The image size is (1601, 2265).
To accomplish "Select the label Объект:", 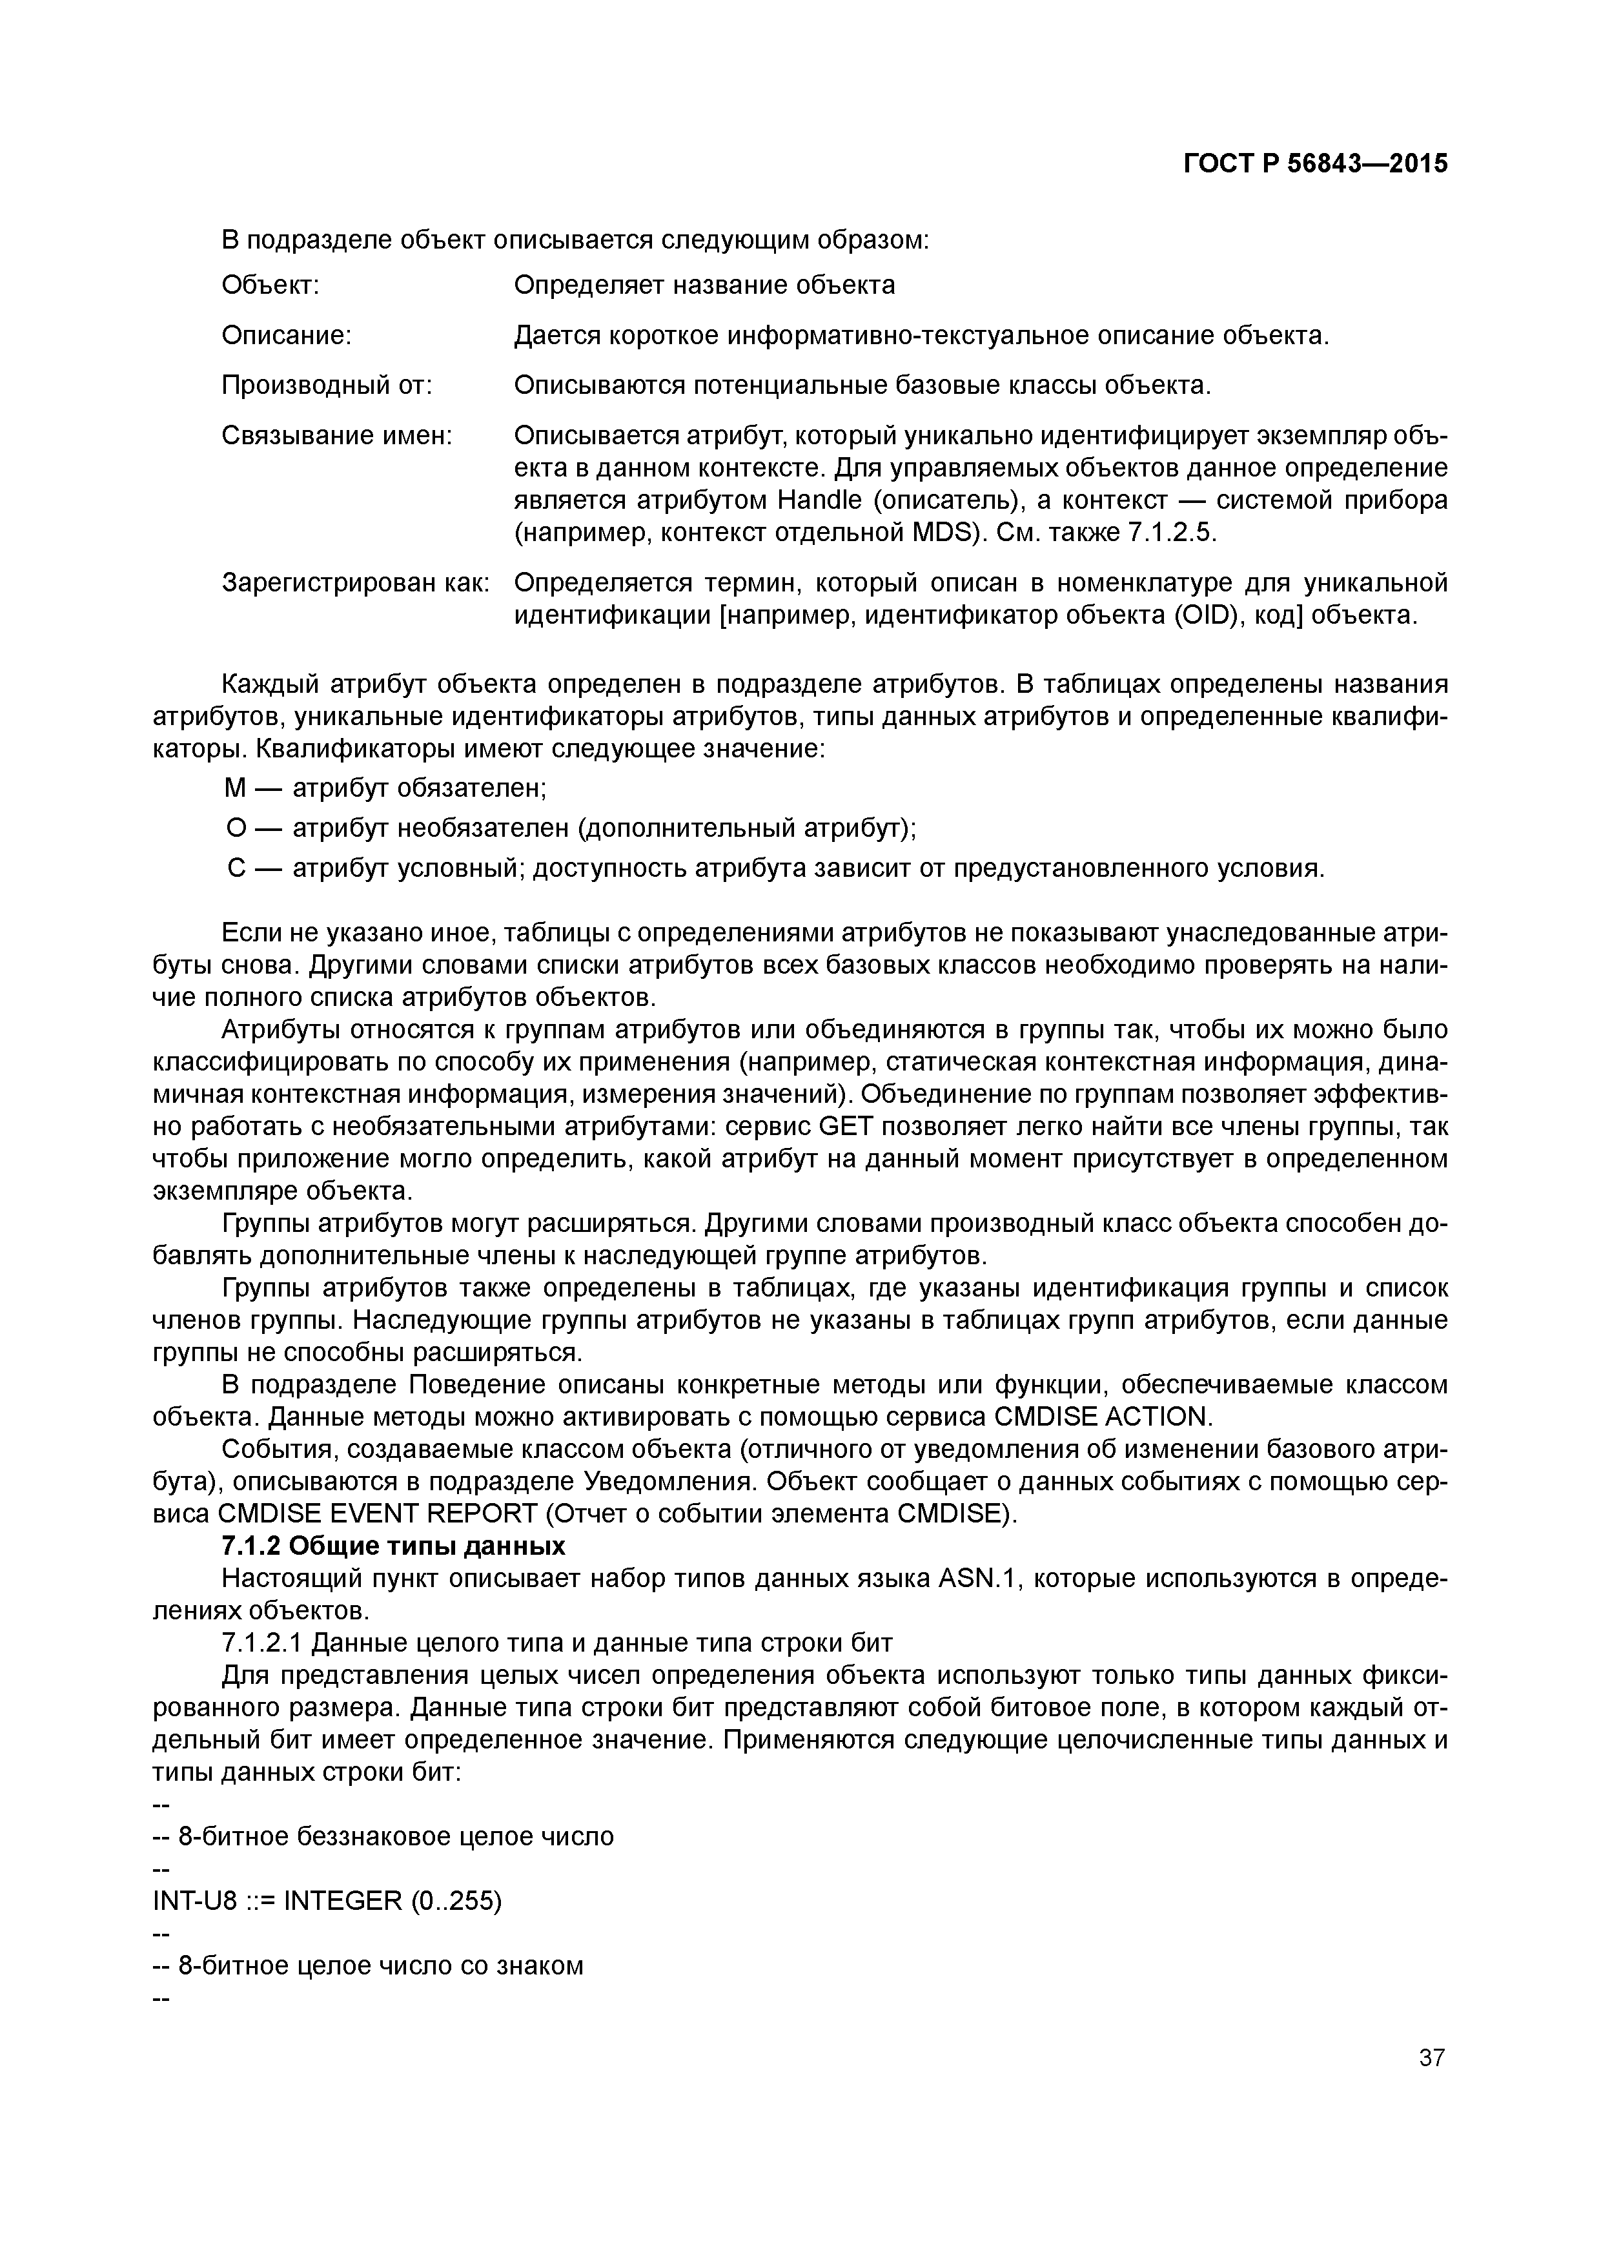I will [x=270, y=286].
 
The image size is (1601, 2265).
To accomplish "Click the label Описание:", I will [x=286, y=336].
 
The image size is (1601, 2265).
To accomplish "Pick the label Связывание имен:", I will [x=336, y=436].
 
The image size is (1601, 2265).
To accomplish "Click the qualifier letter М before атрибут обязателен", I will [x=234, y=788].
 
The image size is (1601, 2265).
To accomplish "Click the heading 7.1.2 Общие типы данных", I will [x=394, y=1546].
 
